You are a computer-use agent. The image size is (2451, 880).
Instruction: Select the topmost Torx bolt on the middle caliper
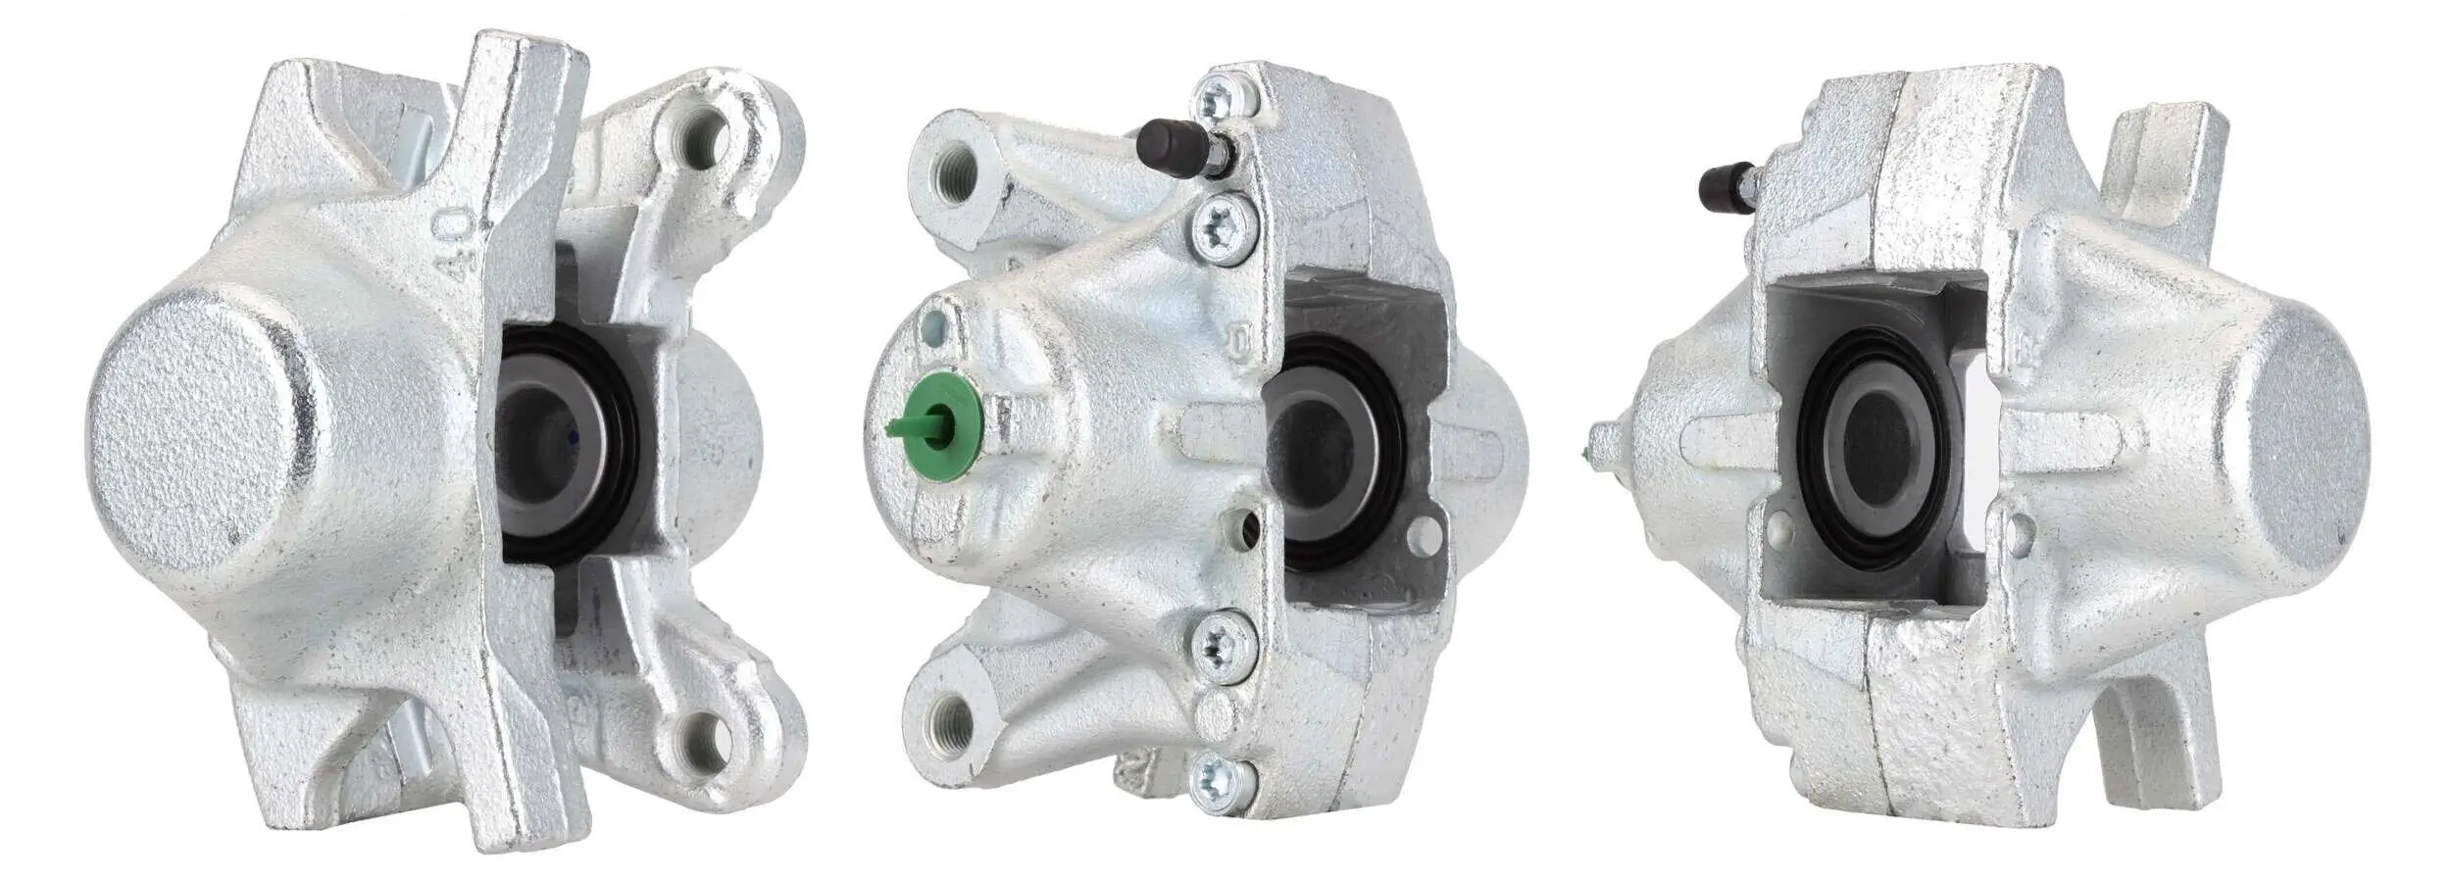(1224, 99)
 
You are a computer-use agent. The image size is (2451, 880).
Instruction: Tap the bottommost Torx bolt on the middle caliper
(1222, 781)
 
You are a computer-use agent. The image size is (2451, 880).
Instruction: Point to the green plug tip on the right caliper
(1588, 453)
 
